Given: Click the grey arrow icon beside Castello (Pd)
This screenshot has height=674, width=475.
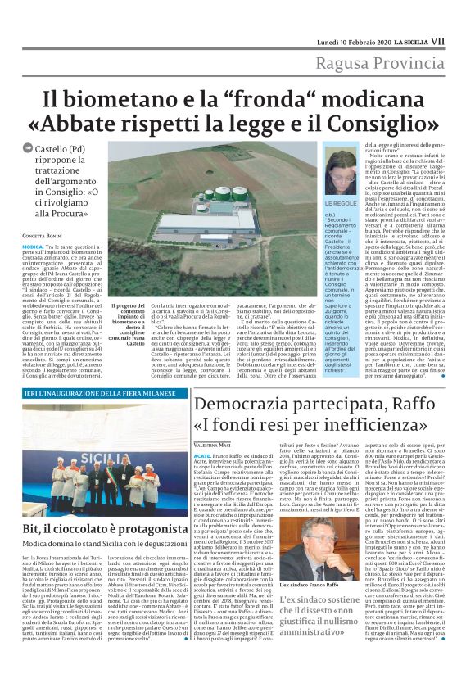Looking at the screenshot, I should pos(29,147).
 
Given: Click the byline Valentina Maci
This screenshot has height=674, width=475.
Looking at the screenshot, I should pos(215,443).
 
